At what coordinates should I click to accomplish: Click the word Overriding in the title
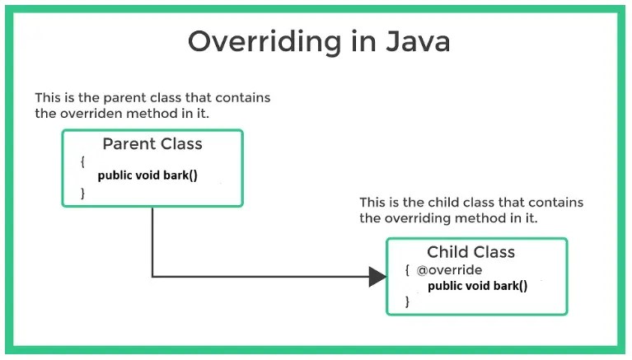coord(265,42)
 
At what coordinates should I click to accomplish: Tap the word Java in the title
coord(418,41)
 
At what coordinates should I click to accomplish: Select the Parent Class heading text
coord(152,144)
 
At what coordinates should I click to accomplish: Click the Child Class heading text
coord(470,252)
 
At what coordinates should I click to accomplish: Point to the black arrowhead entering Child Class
coord(377,277)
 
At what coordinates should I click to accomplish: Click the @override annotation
coord(449,269)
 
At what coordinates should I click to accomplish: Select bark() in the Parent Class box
coord(180,175)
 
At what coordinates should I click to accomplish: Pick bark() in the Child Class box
coord(510,286)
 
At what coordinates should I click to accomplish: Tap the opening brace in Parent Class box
coord(82,161)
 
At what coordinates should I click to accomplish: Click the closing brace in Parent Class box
coord(82,193)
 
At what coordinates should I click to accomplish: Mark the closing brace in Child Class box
coord(407,302)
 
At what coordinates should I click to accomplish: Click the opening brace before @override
coord(407,269)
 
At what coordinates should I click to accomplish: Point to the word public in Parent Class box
coord(115,175)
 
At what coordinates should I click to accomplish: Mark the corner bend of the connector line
coord(152,277)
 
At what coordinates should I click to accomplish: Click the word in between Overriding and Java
coord(364,40)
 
